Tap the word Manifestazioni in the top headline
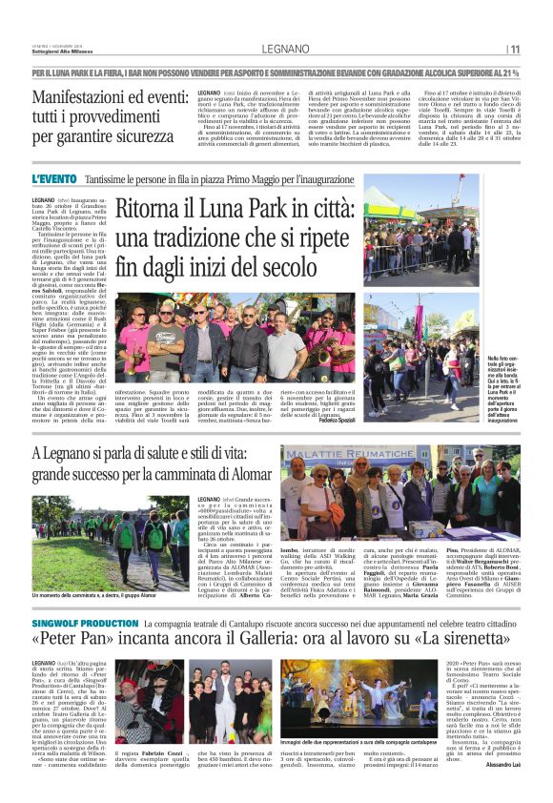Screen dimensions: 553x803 [89, 97]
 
